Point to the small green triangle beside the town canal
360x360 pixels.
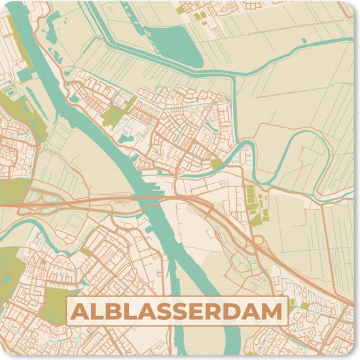(x=217, y=164)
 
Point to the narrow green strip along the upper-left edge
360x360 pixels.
(x=26, y=46)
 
